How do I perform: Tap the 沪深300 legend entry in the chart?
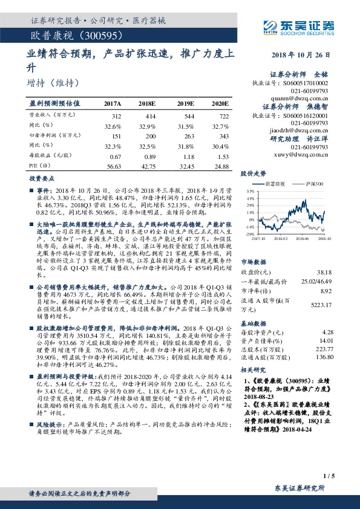[313, 183]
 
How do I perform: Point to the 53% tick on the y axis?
[249, 190]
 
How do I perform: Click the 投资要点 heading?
[40, 179]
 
